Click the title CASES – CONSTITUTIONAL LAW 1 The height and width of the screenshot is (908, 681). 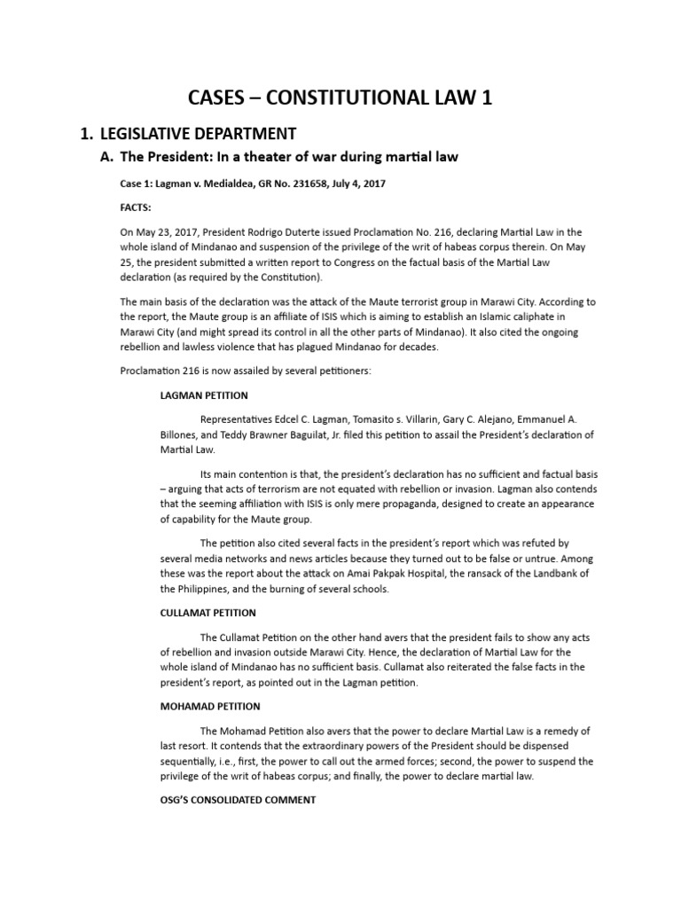click(340, 98)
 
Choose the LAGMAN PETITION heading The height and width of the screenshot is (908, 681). click(204, 395)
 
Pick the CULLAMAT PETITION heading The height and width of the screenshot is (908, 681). click(208, 613)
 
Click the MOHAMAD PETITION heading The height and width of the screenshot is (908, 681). click(210, 706)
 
